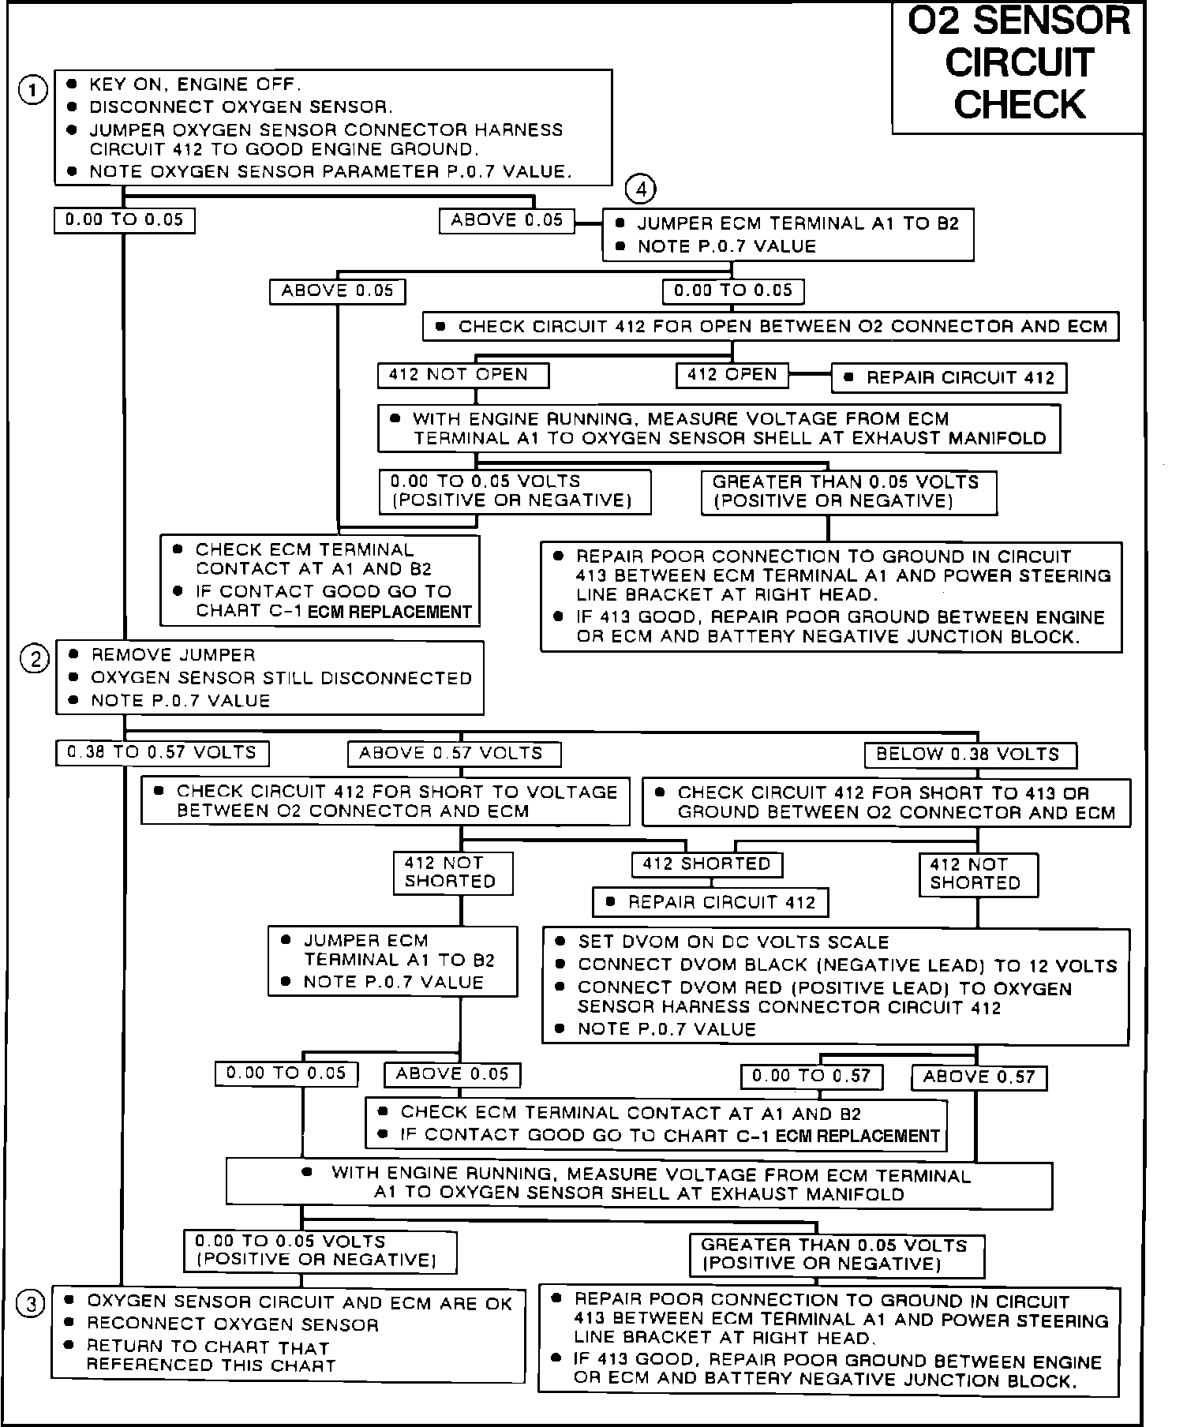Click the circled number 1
32,91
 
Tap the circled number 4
640,189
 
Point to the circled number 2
35,659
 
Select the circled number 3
32,1305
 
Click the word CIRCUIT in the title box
1019,63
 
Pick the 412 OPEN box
732,375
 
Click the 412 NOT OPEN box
462,375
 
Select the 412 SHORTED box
706,864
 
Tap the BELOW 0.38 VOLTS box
970,755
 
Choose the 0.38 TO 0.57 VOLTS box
162,753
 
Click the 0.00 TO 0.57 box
811,1076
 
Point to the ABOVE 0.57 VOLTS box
454,754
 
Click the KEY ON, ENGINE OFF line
194,84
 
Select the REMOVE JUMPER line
173,655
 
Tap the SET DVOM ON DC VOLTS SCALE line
733,942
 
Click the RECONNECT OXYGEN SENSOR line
232,1324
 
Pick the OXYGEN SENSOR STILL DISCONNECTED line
281,678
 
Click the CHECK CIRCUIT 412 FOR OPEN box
770,327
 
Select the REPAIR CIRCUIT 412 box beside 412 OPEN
949,378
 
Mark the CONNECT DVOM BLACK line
847,965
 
